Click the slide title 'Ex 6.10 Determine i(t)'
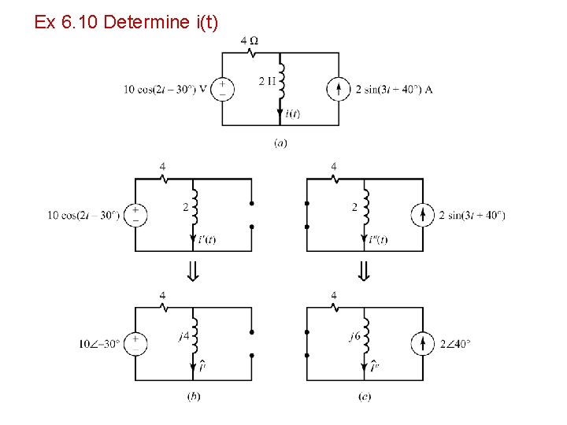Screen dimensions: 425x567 [x=126, y=22]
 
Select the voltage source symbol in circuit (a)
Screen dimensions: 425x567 [x=222, y=89]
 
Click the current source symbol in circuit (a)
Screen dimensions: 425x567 [x=339, y=89]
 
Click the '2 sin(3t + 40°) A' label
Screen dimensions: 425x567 [x=395, y=89]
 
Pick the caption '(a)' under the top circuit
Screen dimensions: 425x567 [x=280, y=143]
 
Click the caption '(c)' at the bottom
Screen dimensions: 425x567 [x=364, y=397]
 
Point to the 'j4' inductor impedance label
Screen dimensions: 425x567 [x=183, y=336]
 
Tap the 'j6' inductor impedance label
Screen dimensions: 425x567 [x=354, y=336]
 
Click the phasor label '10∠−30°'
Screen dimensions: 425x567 [x=99, y=343]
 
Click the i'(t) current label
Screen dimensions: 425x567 [x=206, y=240]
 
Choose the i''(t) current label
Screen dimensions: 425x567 [x=378, y=240]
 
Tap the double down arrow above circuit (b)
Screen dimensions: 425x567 [x=193, y=272]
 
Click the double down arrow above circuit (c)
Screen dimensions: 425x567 [x=364, y=272]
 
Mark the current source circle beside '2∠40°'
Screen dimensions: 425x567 [x=423, y=343]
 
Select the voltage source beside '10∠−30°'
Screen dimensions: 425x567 [x=135, y=343]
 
